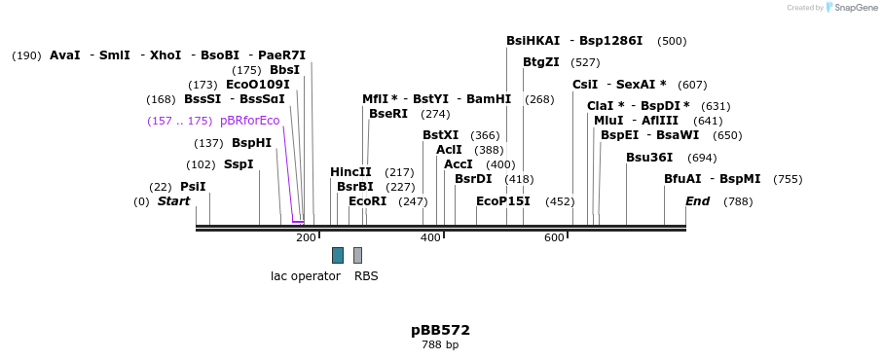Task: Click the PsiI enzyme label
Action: [193, 187]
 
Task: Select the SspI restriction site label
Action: [239, 164]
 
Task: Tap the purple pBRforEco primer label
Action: [250, 121]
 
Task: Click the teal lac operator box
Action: [338, 255]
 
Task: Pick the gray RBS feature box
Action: [357, 255]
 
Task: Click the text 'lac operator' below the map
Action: [306, 276]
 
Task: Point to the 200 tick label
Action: [306, 238]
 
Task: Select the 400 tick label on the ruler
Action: [430, 238]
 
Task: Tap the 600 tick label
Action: [554, 238]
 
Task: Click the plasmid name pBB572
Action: [440, 330]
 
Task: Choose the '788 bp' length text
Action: [440, 345]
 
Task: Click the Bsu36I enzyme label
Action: [649, 158]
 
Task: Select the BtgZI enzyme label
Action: [541, 62]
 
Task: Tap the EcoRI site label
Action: [368, 201]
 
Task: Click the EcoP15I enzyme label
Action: [503, 201]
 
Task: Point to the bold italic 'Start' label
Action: [174, 201]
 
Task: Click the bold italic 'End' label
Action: [698, 201]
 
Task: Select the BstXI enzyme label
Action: [440, 135]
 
